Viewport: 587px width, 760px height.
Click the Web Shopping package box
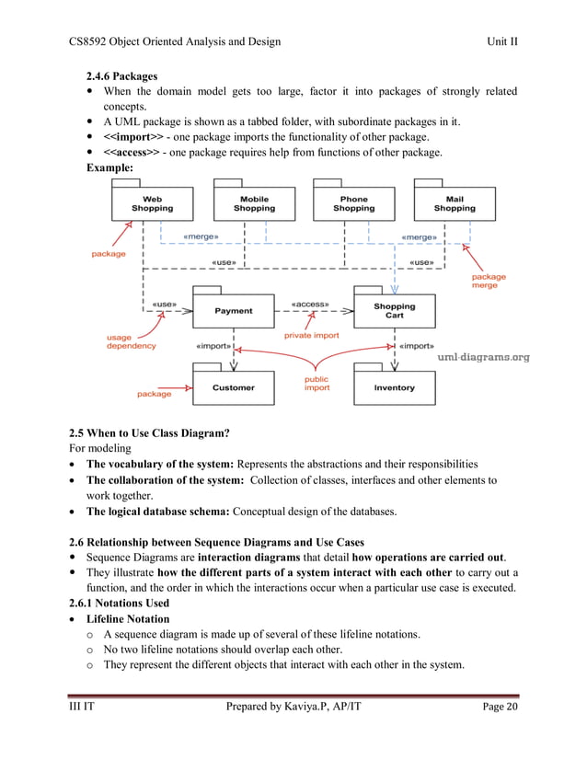[x=152, y=203]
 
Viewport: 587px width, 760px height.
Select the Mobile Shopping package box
[x=254, y=203]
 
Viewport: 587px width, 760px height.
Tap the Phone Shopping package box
[x=353, y=203]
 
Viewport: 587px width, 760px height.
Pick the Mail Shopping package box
[x=455, y=203]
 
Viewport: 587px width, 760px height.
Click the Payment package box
[x=234, y=311]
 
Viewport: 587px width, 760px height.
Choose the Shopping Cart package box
[x=394, y=311]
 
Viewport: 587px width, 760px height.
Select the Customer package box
[x=234, y=387]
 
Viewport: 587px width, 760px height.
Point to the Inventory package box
[x=394, y=387]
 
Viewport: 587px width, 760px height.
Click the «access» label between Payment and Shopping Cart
[x=310, y=303]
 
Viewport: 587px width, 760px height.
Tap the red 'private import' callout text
[x=311, y=336]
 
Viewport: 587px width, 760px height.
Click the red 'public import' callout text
[x=317, y=383]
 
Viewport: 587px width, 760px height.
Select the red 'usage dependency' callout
[x=131, y=341]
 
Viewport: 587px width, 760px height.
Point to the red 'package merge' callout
[x=489, y=281]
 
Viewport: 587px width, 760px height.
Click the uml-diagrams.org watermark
[x=483, y=357]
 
